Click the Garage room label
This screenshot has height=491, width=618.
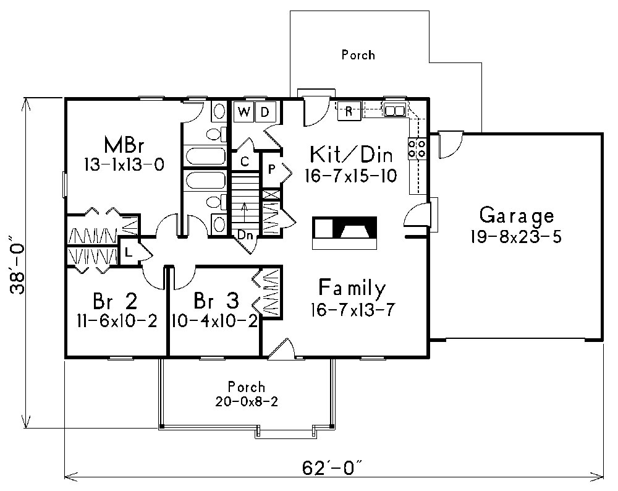(x=517, y=216)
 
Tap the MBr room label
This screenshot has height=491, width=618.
(x=124, y=146)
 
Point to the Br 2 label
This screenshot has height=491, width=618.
(x=116, y=301)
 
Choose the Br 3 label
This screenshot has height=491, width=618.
(x=216, y=301)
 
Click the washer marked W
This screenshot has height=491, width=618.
(x=244, y=112)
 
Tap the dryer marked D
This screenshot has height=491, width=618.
(x=264, y=112)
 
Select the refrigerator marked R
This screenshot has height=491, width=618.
(x=349, y=111)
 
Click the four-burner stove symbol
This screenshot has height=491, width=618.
(x=417, y=148)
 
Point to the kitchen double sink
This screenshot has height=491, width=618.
(x=394, y=111)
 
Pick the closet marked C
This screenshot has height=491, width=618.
(x=245, y=162)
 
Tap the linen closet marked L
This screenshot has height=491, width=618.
(x=127, y=252)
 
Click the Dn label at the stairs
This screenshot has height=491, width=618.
(x=245, y=234)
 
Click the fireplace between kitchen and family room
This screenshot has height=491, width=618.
(x=345, y=231)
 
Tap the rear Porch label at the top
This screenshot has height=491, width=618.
(x=358, y=55)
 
